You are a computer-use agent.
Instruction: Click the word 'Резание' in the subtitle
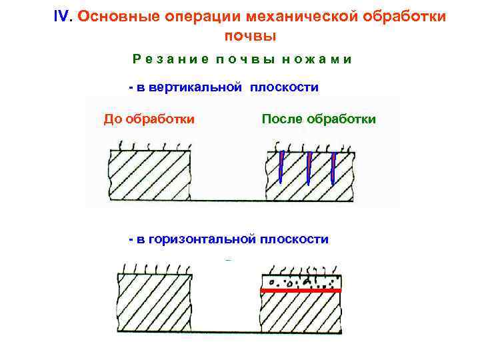coord(164,59)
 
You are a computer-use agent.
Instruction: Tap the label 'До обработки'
coord(149,119)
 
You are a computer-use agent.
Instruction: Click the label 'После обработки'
coord(319,119)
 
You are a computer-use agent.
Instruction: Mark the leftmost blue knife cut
coord(282,167)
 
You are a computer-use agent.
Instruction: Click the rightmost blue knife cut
coord(333,167)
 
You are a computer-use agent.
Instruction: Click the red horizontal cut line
coord(300,291)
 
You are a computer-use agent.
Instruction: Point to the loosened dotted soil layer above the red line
coord(300,283)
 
